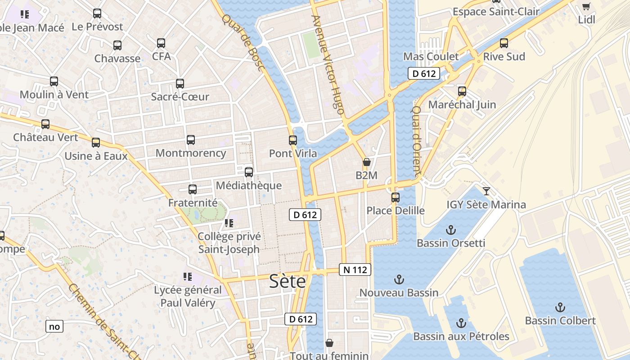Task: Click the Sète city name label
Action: click(x=288, y=281)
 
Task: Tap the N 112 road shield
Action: click(x=355, y=270)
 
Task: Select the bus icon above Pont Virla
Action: click(x=293, y=140)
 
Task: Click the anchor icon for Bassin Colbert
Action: click(x=560, y=307)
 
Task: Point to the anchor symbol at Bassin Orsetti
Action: click(x=450, y=230)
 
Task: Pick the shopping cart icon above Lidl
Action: click(x=586, y=6)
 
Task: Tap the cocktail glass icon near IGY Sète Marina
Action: click(x=486, y=191)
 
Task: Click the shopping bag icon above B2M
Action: click(x=367, y=162)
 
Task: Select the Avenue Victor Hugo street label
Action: click(x=327, y=63)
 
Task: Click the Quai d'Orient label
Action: click(x=417, y=140)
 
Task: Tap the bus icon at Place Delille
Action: click(x=396, y=197)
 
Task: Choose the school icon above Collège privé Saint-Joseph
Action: click(x=229, y=223)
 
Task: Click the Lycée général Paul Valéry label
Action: click(x=188, y=297)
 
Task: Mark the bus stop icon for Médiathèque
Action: click(x=249, y=172)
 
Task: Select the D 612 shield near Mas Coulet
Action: click(x=424, y=73)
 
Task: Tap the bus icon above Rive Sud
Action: click(x=504, y=43)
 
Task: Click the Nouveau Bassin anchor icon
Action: click(x=399, y=279)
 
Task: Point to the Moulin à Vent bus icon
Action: click(x=54, y=81)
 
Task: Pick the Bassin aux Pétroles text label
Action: click(x=461, y=337)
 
